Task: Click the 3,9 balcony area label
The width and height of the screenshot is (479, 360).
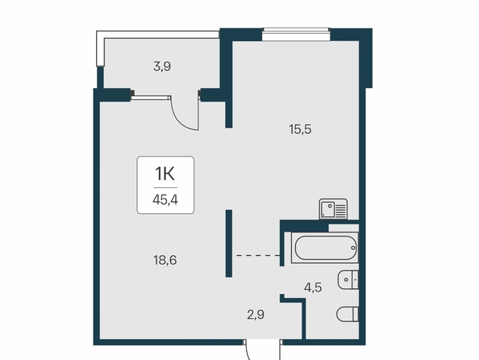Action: point(162,66)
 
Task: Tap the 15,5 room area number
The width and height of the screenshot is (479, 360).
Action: point(300,129)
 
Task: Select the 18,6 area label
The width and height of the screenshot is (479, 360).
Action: point(165,260)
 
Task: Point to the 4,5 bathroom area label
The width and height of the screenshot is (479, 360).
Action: point(313,287)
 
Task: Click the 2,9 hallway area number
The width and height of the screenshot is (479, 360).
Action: point(256,315)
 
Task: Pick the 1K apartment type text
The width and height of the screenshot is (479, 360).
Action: point(165,174)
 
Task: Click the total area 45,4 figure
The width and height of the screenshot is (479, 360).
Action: point(165,200)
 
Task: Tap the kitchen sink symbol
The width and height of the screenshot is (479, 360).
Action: point(333,209)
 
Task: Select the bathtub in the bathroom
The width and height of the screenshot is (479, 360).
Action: point(325,248)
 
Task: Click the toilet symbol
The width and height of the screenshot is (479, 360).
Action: point(348,314)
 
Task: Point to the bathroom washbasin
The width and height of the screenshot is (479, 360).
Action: point(348,279)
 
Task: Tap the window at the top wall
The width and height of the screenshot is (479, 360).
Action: point(296,34)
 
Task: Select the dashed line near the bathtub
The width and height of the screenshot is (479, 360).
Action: point(258,255)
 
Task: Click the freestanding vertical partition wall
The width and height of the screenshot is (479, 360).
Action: point(229,244)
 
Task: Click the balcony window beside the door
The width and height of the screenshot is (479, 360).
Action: point(151,98)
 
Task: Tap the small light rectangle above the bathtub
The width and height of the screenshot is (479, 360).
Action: point(344,228)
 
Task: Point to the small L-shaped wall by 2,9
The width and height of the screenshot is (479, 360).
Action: point(293,316)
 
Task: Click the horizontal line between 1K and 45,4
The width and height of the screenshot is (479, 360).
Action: point(165,187)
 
